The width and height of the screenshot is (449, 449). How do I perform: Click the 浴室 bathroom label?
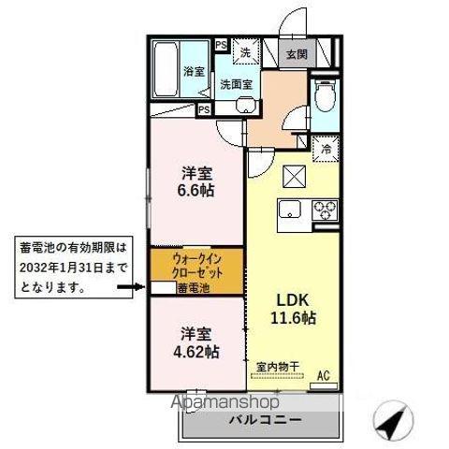pos(194,72)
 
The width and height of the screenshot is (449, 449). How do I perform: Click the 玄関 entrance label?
pos(297,53)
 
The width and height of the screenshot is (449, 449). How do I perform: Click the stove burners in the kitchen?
pos(325,209)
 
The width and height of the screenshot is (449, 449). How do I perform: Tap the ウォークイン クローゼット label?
pos(196,266)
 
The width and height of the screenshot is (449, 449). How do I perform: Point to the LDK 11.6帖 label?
pos(294,309)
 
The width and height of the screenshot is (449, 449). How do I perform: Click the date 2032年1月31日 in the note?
pos(66,268)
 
